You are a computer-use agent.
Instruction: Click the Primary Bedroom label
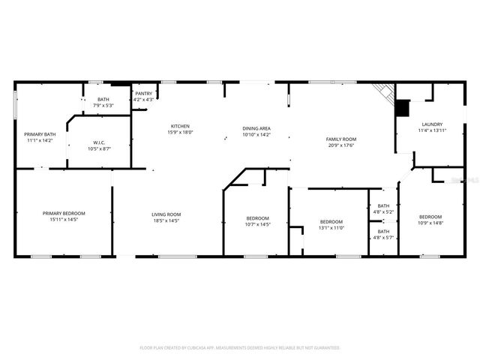point(64,214)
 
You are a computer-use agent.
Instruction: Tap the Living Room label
point(166,214)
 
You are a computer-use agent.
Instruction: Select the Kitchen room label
point(180,125)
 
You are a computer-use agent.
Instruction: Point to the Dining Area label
point(256,129)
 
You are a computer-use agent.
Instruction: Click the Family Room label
point(340,139)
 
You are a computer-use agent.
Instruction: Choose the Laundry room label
point(432,124)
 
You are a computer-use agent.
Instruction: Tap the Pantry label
point(143,94)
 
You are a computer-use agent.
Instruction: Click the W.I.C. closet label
point(99,142)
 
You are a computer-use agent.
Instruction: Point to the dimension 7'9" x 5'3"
point(103,105)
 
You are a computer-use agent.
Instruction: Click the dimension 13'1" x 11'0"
point(331,227)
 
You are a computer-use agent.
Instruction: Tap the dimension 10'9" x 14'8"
point(430,223)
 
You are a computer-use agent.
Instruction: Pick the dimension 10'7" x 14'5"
point(258,224)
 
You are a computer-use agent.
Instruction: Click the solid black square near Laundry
point(403,108)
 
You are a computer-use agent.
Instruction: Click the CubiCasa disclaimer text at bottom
point(240,348)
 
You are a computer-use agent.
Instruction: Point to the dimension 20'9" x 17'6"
point(340,145)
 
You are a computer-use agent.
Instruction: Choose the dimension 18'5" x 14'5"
point(166,220)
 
